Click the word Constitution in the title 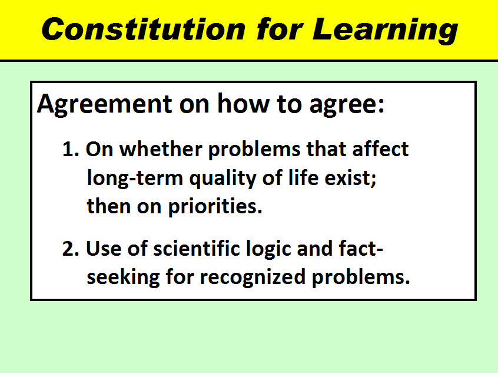click(144, 29)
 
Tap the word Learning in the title click(385, 31)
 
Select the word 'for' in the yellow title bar click(280, 29)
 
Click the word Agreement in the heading click(105, 104)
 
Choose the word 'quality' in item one click(223, 179)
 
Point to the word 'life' click(303, 177)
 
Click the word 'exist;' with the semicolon click(350, 177)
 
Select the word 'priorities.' click(215, 207)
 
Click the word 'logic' click(268, 249)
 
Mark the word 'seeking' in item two click(123, 278)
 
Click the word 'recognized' click(253, 278)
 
